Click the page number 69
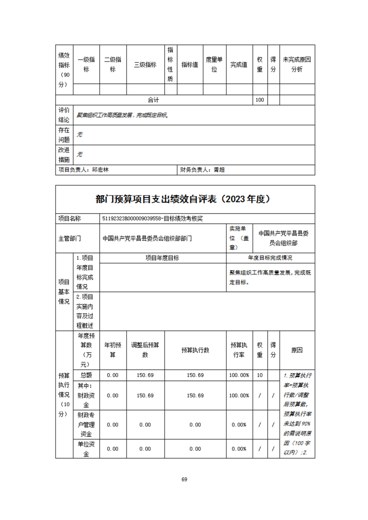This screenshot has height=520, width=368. pyautogui.click(x=184, y=479)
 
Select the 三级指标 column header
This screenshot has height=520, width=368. pyautogui.click(x=145, y=65)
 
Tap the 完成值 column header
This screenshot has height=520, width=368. pyautogui.click(x=239, y=65)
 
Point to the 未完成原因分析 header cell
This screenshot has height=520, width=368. pyautogui.click(x=297, y=65)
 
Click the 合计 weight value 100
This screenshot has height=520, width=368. pyautogui.click(x=259, y=100)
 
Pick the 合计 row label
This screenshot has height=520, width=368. pyautogui.click(x=154, y=100)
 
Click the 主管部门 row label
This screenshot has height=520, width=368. pyautogui.click(x=70, y=238)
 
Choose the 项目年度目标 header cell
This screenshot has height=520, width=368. pyautogui.click(x=162, y=258)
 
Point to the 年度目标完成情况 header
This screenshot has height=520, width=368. pyautogui.click(x=270, y=258)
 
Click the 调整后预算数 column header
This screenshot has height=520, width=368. pyautogui.click(x=145, y=350)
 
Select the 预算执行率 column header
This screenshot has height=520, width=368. pyautogui.click(x=239, y=350)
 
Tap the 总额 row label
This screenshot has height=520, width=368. pyautogui.click(x=86, y=375)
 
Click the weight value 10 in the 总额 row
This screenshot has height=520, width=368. pyautogui.click(x=259, y=375)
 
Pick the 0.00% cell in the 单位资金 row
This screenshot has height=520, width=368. pyautogui.click(x=239, y=449)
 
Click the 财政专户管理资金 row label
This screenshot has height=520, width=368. pyautogui.click(x=86, y=425)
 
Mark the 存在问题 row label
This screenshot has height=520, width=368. pyautogui.click(x=64, y=134)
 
